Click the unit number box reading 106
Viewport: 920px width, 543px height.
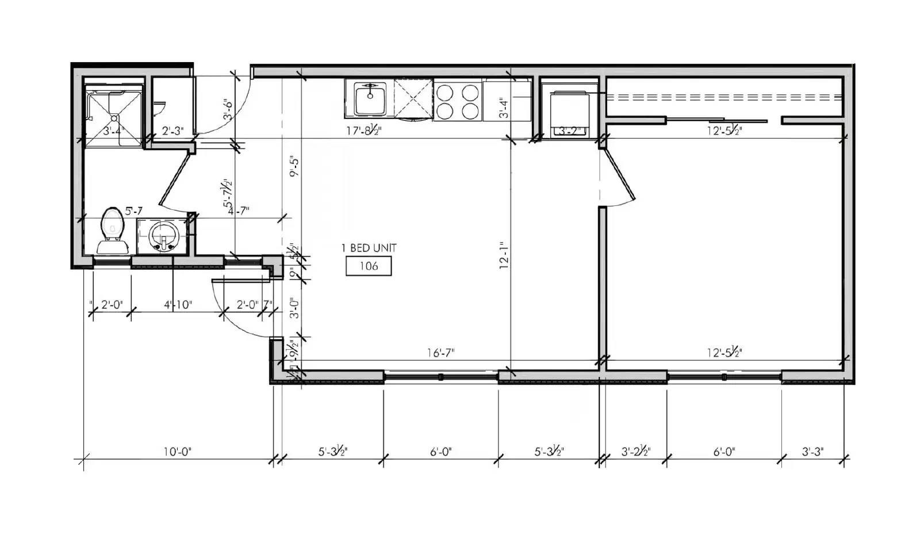[369, 266]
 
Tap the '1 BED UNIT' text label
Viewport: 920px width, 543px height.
[369, 248]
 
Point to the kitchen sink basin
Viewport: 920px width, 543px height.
[369, 99]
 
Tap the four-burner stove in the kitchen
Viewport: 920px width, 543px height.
[457, 100]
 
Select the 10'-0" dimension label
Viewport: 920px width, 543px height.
[177, 452]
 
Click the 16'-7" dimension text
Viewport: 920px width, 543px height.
[441, 353]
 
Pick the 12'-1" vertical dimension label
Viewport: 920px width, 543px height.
[504, 255]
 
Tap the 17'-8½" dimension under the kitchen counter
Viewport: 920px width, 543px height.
[363, 131]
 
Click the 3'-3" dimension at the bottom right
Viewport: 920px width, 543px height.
[812, 452]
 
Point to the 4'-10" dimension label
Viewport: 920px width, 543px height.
[178, 304]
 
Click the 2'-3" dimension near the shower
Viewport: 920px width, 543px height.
[172, 131]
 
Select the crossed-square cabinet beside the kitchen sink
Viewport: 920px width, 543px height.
[413, 99]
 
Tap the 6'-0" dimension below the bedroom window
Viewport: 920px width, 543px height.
[724, 452]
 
